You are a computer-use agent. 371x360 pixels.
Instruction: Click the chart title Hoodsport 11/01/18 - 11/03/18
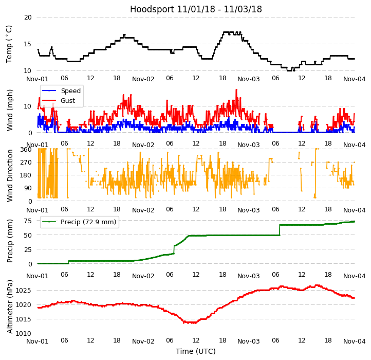pyautogui.click(x=196, y=9)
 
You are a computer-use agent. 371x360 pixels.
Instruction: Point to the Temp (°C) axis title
pyautogui.click(x=9, y=44)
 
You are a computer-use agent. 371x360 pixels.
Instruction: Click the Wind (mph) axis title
pyautogui.click(x=10, y=110)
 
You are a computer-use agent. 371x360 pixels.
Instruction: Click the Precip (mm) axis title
pyautogui.click(x=10, y=241)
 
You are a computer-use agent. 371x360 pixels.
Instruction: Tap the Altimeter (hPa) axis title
pyautogui.click(x=10, y=307)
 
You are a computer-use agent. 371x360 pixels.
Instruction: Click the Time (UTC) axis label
pyautogui.click(x=196, y=351)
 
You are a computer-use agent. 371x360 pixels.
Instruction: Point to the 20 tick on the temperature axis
pyautogui.click(x=27, y=17)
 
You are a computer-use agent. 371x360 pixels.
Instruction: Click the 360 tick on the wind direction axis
pyautogui.click(x=26, y=149)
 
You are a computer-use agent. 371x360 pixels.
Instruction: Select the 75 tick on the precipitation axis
pyautogui.click(x=27, y=221)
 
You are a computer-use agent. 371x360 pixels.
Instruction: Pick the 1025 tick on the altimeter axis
pyautogui.click(x=24, y=290)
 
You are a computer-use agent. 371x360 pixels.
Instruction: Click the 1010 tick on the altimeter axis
pyautogui.click(x=24, y=333)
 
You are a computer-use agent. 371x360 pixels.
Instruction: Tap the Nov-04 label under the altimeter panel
pyautogui.click(x=355, y=341)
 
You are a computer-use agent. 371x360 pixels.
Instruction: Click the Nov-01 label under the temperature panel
pyautogui.click(x=38, y=79)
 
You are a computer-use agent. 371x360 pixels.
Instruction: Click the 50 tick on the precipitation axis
pyautogui.click(x=27, y=235)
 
